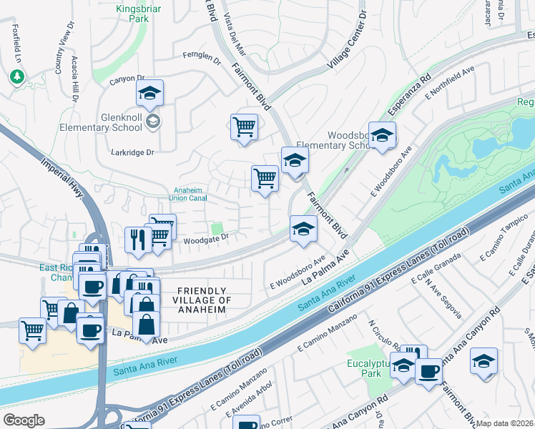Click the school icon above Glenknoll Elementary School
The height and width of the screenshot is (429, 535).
point(150,93)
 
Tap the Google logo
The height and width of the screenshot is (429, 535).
point(24,420)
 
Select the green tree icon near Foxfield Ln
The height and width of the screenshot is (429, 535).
point(16,76)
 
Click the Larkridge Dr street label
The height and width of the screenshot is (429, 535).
point(133,152)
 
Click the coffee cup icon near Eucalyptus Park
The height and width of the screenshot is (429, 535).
point(428,372)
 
